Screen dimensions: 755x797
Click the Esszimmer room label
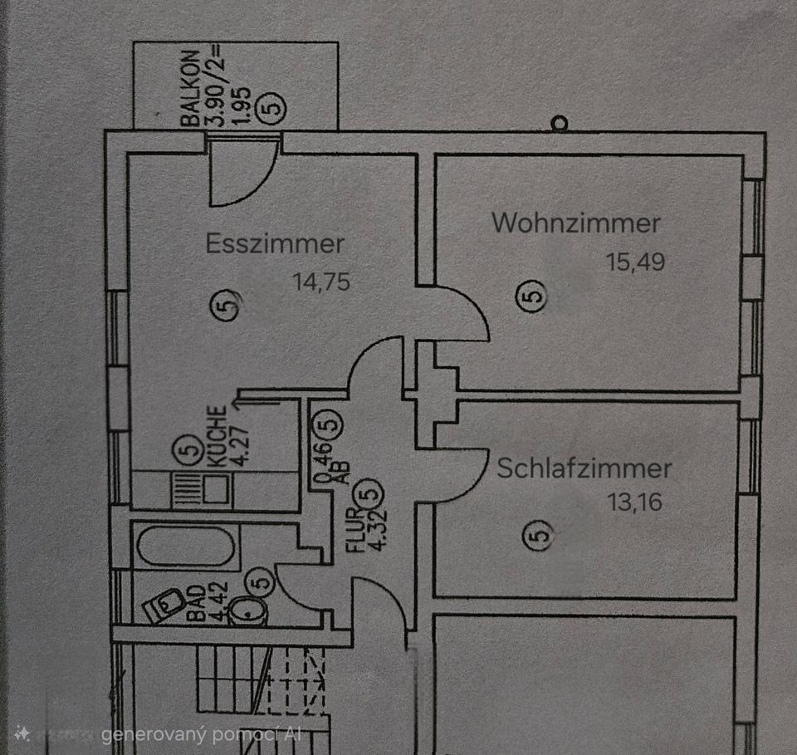tap(275, 244)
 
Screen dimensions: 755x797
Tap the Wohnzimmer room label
tap(576, 223)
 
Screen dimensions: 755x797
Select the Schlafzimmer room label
tap(584, 468)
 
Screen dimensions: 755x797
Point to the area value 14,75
tap(321, 282)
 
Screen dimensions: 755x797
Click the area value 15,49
tap(636, 263)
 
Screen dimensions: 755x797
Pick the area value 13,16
tap(634, 503)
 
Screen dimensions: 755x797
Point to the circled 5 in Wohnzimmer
tap(533, 295)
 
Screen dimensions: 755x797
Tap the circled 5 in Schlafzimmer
tap(540, 537)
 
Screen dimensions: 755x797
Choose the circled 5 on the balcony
tap(275, 107)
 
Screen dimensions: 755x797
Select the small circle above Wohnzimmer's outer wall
tap(560, 124)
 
